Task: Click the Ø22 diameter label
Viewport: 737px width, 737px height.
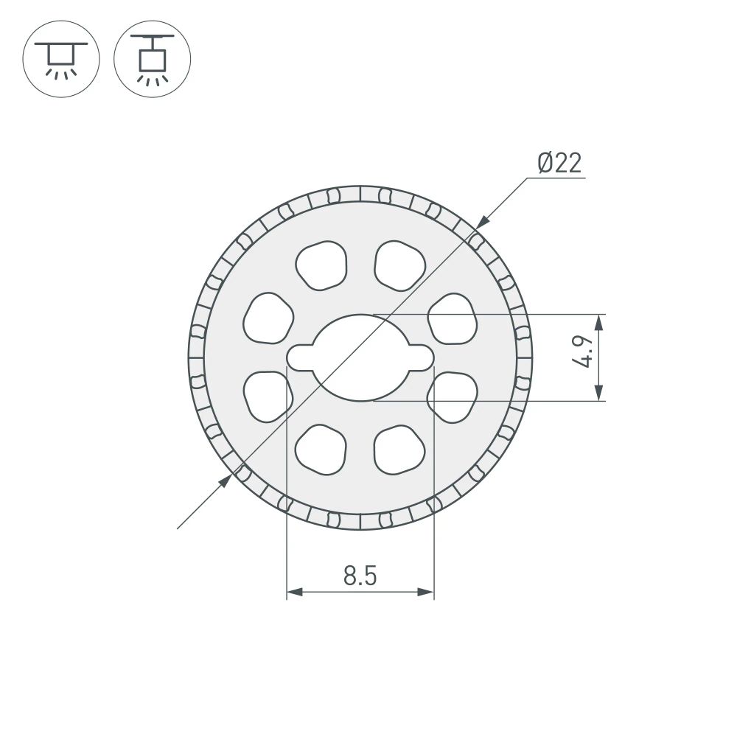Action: click(x=559, y=163)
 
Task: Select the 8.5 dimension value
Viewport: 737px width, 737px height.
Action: click(x=360, y=576)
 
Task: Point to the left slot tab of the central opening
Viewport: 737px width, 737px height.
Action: click(x=301, y=358)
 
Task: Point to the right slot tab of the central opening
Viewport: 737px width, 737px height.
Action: click(x=420, y=358)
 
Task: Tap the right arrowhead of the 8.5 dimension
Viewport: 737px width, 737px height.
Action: click(x=425, y=592)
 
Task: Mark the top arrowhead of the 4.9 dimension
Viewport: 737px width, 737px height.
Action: click(x=599, y=323)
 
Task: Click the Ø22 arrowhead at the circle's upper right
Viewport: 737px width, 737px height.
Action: click(x=482, y=220)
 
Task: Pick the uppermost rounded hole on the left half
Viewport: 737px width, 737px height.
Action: click(x=321, y=265)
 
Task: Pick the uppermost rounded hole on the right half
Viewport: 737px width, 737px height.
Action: click(x=399, y=265)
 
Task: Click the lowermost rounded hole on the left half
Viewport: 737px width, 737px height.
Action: click(x=321, y=449)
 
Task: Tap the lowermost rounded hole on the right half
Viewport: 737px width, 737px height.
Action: click(x=399, y=449)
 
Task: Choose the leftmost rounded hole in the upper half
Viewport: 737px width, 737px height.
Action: click(x=268, y=318)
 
